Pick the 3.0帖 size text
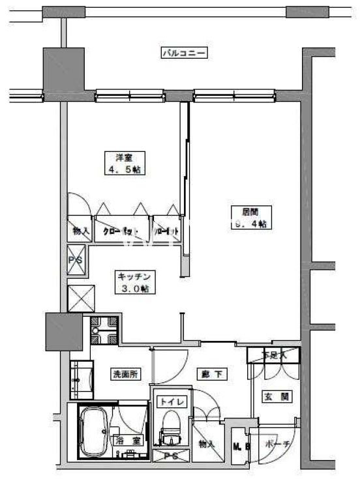(x=135, y=288)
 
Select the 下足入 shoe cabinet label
(x=274, y=355)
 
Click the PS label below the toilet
(x=172, y=456)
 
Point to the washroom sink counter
(x=82, y=378)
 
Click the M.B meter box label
(x=238, y=446)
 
